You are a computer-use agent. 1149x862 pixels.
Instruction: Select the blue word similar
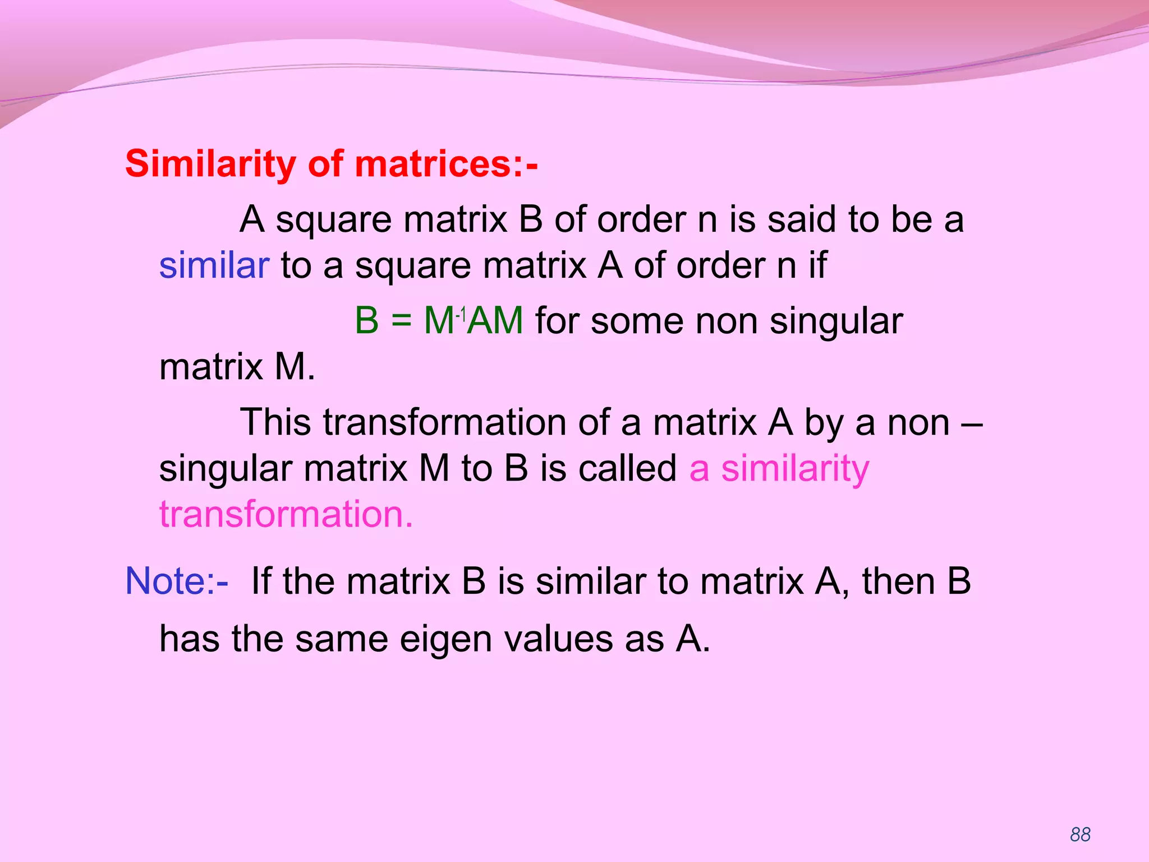coord(214,265)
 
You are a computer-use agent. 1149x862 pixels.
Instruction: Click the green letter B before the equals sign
coord(367,321)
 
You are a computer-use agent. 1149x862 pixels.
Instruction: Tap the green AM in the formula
coord(495,321)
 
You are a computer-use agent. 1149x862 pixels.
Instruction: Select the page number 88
coord(1080,835)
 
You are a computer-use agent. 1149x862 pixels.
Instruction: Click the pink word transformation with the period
coord(286,514)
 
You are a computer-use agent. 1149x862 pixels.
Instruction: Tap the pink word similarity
coord(795,469)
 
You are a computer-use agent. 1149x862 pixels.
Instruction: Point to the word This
coord(275,423)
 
